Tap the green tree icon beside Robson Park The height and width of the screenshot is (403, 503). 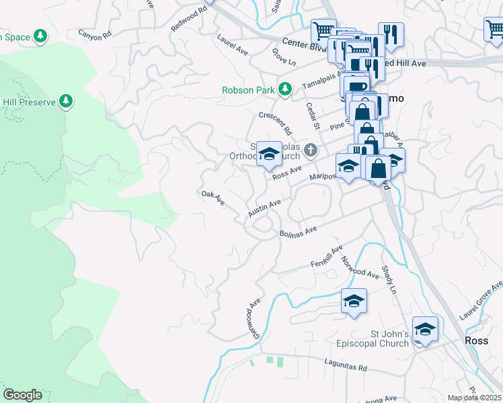tap(285, 89)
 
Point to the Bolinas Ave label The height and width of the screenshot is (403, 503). tap(298, 232)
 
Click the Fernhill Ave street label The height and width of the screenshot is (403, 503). tap(326, 256)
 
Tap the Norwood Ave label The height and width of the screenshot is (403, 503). tap(360, 267)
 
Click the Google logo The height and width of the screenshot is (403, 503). tap(22, 394)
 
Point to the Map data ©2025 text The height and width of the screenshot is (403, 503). tap(475, 398)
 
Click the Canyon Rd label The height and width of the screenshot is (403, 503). tap(93, 34)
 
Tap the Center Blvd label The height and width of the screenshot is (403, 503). tap(304, 41)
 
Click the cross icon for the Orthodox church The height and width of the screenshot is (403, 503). tap(310, 150)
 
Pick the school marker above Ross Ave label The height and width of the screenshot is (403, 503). tap(268, 155)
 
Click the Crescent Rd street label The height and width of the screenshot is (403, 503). tap(276, 122)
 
